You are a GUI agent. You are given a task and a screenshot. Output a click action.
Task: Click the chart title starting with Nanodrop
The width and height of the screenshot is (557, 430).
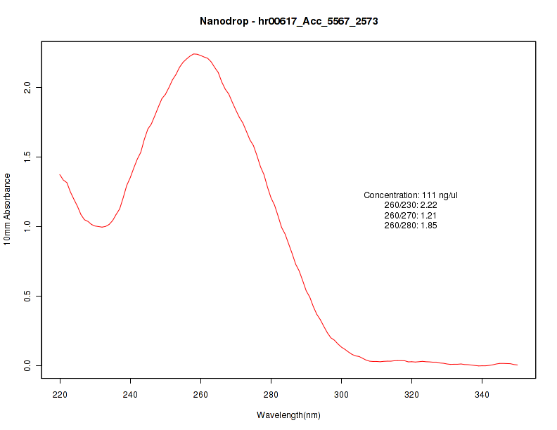(x=288, y=22)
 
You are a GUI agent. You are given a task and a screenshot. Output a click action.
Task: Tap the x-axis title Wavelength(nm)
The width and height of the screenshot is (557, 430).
(x=288, y=415)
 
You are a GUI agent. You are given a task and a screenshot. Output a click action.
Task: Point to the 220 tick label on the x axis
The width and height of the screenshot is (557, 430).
(x=60, y=394)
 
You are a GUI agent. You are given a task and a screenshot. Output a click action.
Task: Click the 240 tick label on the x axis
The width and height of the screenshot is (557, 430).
(x=130, y=394)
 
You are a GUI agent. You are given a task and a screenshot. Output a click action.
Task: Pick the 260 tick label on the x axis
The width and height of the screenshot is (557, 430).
(x=200, y=394)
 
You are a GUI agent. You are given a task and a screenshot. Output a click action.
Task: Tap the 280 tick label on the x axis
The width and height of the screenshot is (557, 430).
(x=271, y=394)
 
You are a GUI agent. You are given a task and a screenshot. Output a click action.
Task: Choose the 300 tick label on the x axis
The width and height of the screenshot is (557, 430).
(x=341, y=394)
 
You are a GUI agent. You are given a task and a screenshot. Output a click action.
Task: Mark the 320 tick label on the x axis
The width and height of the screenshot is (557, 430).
(x=411, y=394)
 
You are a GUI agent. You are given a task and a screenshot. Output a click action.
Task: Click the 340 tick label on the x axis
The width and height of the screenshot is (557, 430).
(x=482, y=394)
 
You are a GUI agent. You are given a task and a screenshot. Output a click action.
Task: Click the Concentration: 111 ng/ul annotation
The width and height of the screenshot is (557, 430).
(x=411, y=195)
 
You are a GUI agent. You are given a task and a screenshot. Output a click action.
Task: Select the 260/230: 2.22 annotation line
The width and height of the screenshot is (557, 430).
(x=411, y=205)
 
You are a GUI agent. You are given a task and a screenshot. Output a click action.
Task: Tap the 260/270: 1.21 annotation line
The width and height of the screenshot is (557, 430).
(x=411, y=215)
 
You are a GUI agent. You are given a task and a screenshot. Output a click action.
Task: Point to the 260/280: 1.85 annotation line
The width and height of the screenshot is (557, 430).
(x=411, y=226)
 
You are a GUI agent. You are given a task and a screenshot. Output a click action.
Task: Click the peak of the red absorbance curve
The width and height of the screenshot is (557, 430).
(x=195, y=53)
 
